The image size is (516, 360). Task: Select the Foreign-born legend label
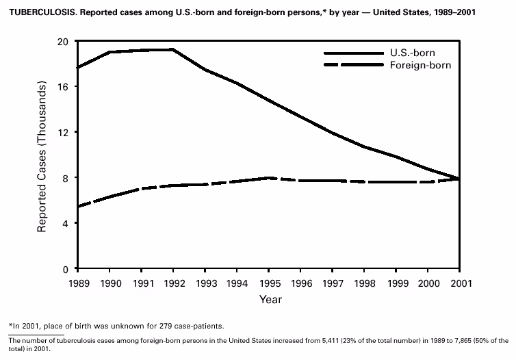pos(421,66)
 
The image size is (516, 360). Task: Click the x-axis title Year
pos(270,299)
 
